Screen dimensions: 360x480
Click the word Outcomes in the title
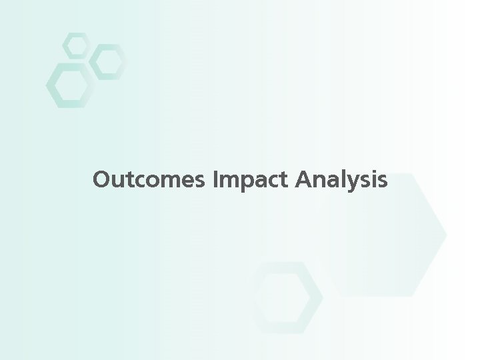[x=150, y=180]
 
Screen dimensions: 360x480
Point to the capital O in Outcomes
[x=103, y=180]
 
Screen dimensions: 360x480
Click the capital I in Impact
[x=217, y=180]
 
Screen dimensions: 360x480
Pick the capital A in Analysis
[x=301, y=180]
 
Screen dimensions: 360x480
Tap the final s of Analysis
[x=381, y=181]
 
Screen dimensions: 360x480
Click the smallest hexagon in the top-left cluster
[x=75, y=45]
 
